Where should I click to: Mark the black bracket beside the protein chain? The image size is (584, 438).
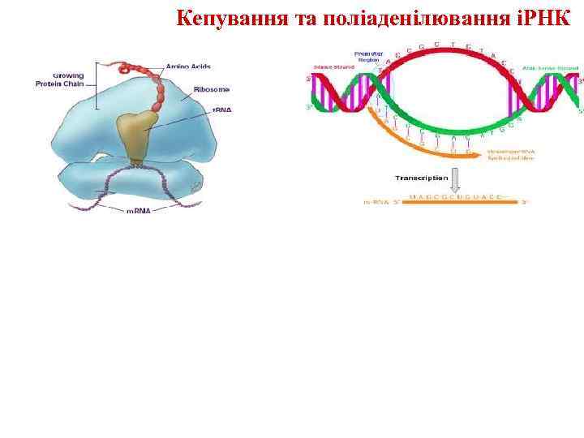97,84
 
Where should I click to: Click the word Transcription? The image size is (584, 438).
422,177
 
